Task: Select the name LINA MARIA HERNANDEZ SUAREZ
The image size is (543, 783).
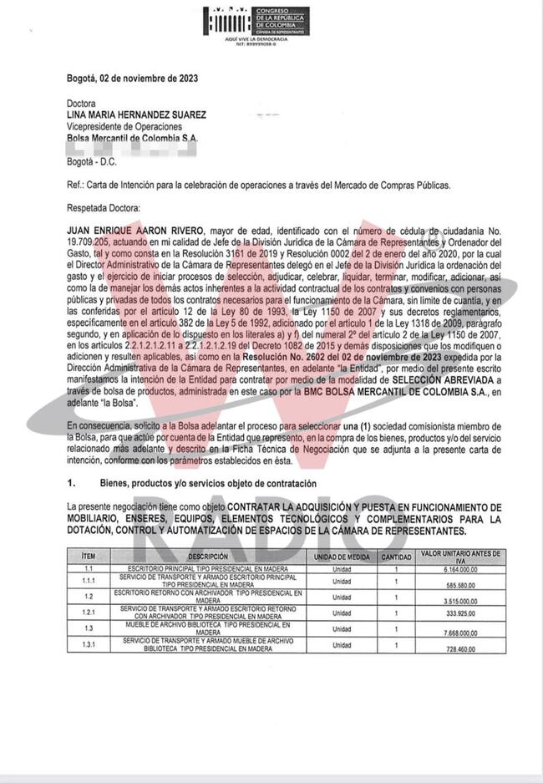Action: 137,114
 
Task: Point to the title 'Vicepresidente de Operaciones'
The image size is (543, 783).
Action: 124,126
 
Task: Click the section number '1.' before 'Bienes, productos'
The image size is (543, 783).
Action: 72,483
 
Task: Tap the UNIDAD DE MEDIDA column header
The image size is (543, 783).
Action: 342,556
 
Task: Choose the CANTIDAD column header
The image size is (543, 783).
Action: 397,556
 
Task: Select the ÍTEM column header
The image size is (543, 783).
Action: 89,556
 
